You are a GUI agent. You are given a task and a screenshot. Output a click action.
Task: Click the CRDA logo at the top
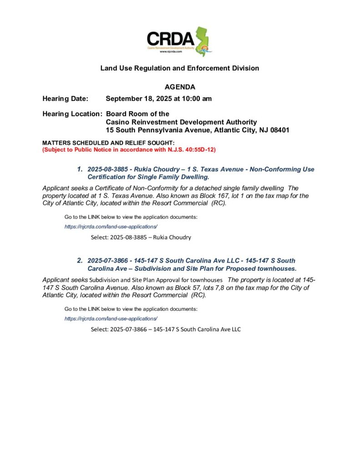coord(179,41)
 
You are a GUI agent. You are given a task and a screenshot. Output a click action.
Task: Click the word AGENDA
coord(180,87)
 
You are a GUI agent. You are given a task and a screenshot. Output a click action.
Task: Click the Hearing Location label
coord(72,114)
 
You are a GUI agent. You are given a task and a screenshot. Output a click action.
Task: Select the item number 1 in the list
coord(79,169)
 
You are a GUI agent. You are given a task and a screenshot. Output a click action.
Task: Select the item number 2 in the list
coord(79,261)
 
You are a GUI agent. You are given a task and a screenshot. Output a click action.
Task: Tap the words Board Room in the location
coord(123,114)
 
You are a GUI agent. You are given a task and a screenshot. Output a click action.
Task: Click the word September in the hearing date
coord(124,98)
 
